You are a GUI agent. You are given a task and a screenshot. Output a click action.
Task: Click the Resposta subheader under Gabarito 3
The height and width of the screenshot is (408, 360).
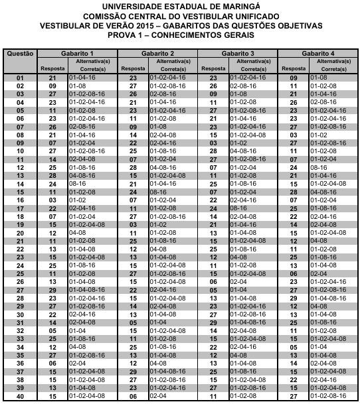coord(213,68)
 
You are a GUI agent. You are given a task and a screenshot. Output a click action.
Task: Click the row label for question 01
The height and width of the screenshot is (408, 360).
coord(20,78)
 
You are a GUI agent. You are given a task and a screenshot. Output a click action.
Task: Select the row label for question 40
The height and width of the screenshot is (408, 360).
coord(20,397)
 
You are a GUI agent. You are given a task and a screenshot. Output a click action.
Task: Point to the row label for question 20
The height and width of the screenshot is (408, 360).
coord(20,234)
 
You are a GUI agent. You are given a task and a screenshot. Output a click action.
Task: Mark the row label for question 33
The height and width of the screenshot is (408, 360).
coord(20,340)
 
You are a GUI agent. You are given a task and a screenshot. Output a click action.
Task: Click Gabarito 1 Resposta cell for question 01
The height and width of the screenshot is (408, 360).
coord(53,78)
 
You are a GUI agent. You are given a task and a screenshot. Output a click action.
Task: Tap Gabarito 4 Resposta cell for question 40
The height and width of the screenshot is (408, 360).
coord(292,397)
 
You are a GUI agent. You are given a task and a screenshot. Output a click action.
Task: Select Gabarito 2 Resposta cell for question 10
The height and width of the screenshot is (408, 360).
coord(133,151)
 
